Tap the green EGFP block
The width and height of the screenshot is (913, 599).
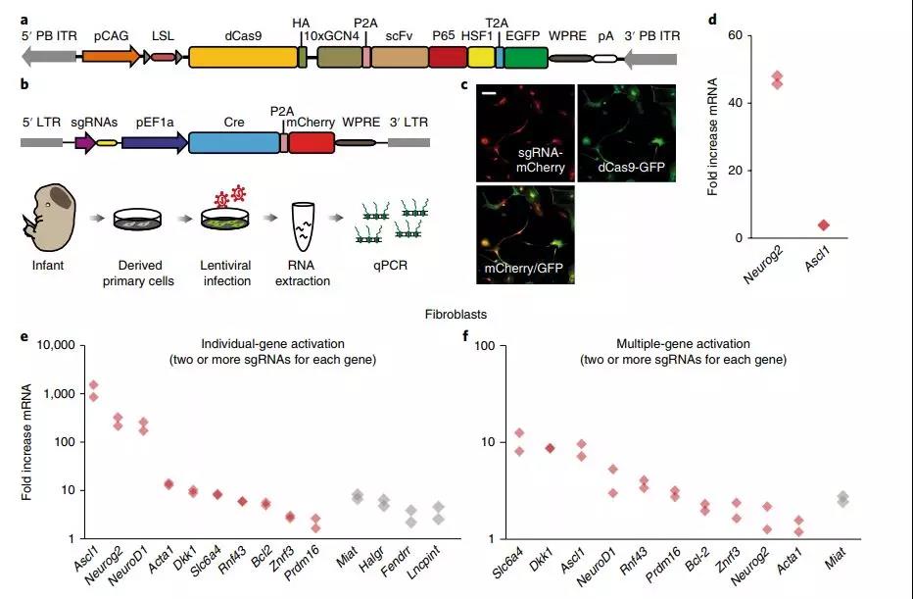(x=525, y=57)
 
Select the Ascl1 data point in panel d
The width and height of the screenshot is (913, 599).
(x=823, y=225)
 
